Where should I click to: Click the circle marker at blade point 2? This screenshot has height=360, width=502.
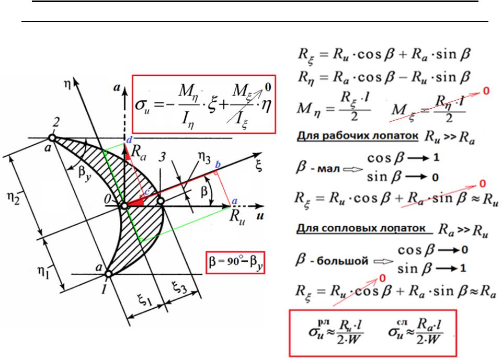(x=52, y=138)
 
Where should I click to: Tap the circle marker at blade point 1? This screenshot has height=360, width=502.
(x=109, y=274)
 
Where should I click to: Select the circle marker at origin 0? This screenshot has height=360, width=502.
(x=124, y=206)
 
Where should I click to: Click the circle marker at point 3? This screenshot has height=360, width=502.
(x=161, y=201)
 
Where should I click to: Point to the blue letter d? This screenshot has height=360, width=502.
(x=129, y=140)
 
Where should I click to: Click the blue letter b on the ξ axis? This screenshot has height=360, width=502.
(x=218, y=165)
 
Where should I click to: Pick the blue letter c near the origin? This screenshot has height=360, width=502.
(x=147, y=192)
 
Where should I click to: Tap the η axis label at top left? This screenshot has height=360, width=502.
(x=67, y=86)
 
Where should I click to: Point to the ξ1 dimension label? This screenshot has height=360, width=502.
(x=144, y=300)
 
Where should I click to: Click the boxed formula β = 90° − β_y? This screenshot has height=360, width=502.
(x=235, y=262)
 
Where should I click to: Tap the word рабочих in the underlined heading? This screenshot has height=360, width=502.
(x=348, y=136)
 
